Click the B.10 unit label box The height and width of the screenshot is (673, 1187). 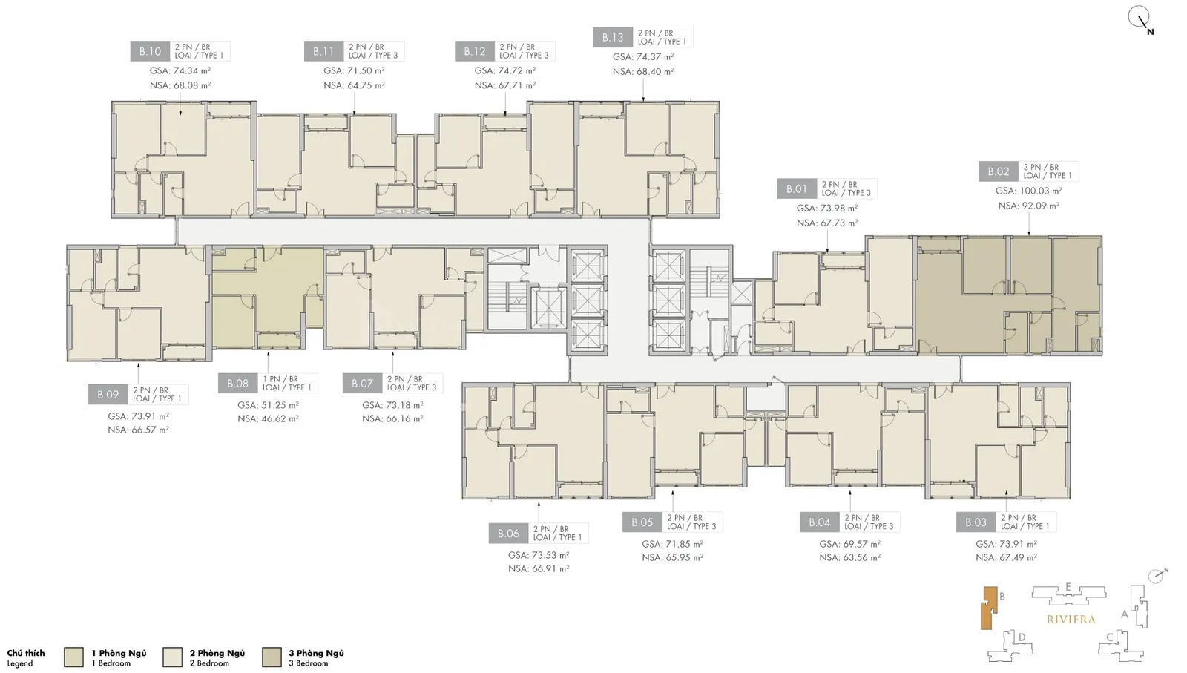(x=150, y=51)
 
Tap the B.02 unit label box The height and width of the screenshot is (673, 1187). (x=999, y=171)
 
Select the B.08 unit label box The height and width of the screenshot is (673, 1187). (x=238, y=383)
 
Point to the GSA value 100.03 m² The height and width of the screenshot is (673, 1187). (x=1028, y=191)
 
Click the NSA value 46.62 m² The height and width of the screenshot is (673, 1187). (x=268, y=418)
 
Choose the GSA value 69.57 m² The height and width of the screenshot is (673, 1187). (x=850, y=544)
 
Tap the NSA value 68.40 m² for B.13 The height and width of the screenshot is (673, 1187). (x=643, y=71)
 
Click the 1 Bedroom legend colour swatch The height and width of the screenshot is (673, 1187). (x=73, y=657)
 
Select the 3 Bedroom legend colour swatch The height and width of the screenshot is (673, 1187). (x=272, y=657)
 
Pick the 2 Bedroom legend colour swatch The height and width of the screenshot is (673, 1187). (x=173, y=657)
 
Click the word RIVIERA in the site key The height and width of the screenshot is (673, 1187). (x=1071, y=620)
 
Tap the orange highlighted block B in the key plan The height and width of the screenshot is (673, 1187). (x=988, y=608)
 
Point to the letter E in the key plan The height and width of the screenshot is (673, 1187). (x=1068, y=587)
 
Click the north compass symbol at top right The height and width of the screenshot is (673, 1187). (x=1140, y=19)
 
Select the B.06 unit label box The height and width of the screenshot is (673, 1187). (x=509, y=533)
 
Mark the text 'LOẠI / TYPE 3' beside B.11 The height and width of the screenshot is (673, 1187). (x=373, y=56)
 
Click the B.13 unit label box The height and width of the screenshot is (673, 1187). (x=613, y=38)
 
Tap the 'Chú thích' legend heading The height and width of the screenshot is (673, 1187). (x=26, y=653)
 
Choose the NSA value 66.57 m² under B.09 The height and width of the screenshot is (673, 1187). (x=138, y=430)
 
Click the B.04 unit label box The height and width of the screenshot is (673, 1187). (x=820, y=522)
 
